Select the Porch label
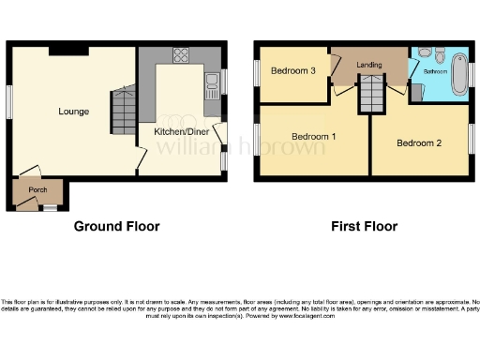click(37, 190)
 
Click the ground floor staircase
click(123, 110)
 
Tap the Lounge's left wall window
click(10, 101)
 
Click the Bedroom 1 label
click(315, 137)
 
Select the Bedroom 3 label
click(292, 71)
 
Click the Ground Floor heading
click(116, 226)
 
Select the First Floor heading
click(364, 226)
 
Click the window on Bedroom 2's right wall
click(471, 133)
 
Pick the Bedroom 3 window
click(256, 72)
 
